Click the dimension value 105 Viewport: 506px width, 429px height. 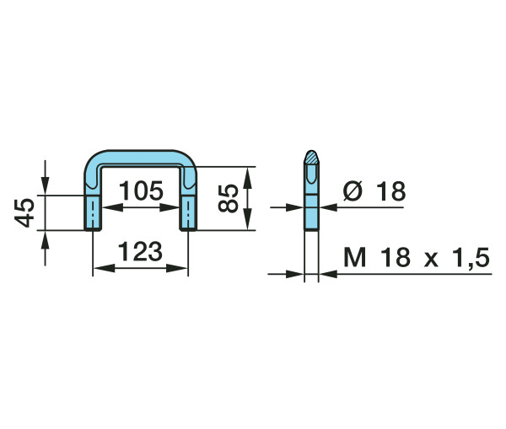pos(142,190)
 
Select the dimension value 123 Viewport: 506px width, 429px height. pos(140,251)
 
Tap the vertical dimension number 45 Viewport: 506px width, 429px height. pos(24,213)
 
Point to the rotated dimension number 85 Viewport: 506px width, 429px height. pos(229,198)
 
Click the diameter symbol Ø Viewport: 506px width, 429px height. pos(353,190)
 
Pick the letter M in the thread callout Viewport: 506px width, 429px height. pos(355,257)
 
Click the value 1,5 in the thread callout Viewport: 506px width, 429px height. pos(471,258)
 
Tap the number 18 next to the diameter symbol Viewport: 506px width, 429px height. pos(390,191)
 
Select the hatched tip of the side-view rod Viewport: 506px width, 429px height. pos(311,157)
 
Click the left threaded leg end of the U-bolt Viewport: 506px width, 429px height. pos(93,213)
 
